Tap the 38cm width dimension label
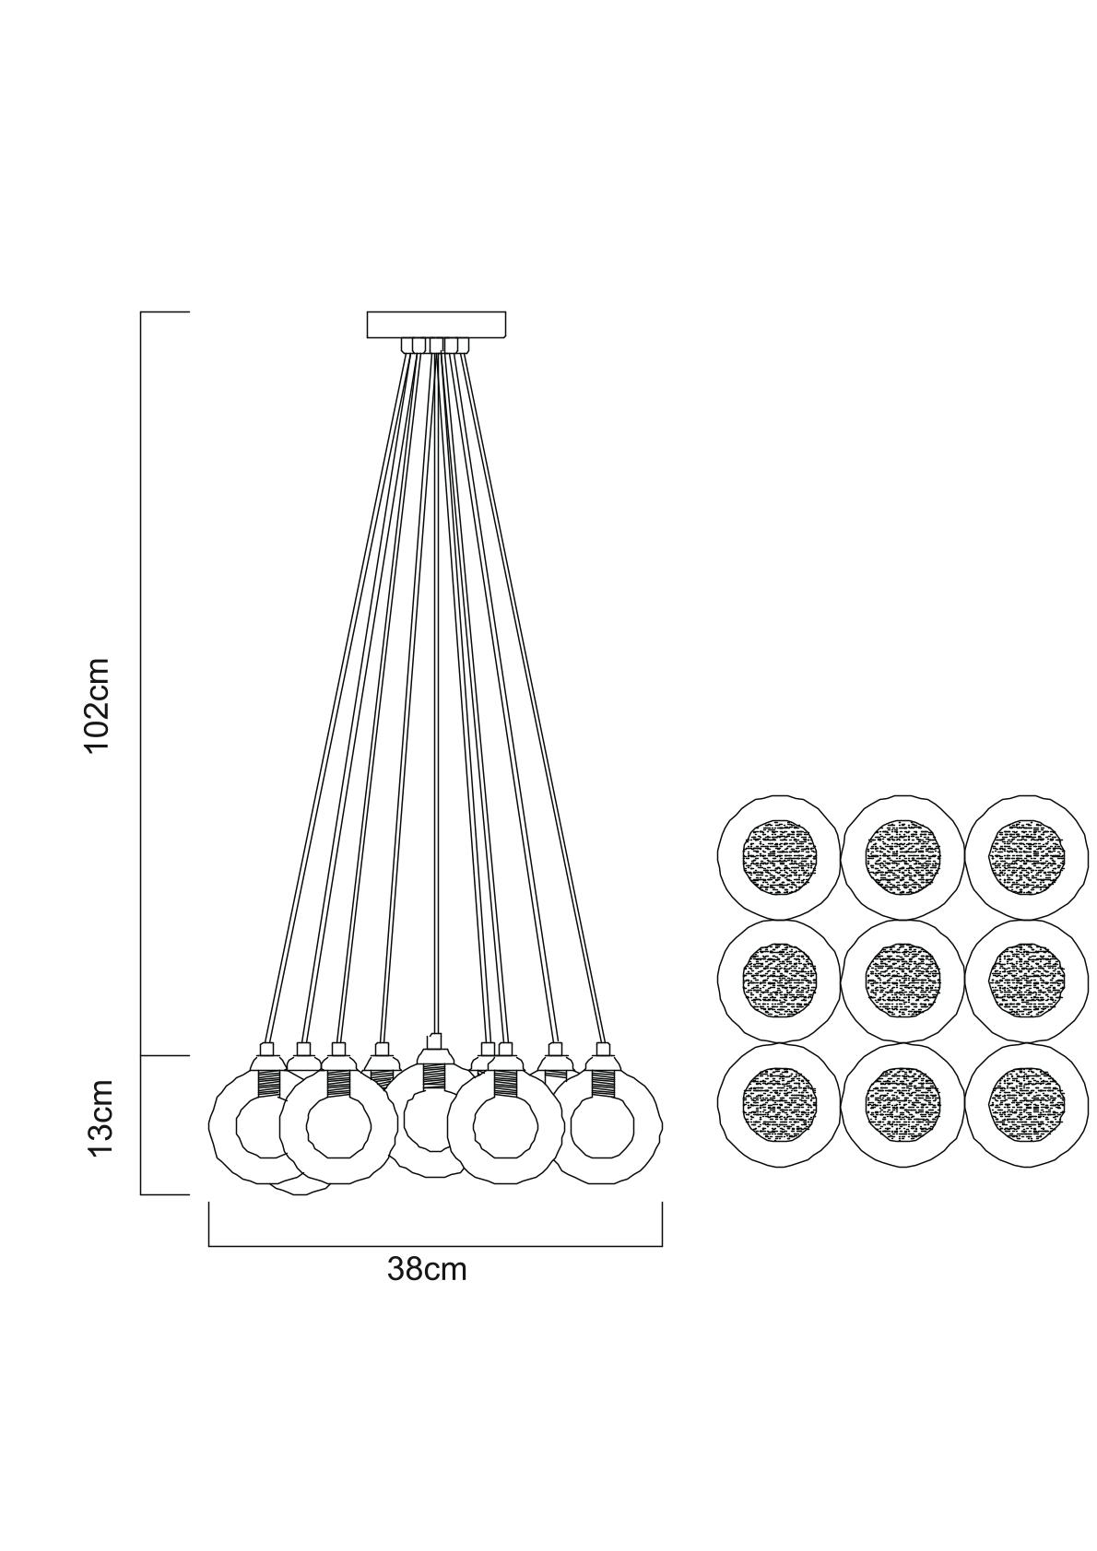point(427,1269)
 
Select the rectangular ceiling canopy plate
point(436,324)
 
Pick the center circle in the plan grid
point(902,981)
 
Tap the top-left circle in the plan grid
point(779,857)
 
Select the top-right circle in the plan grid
point(1026,857)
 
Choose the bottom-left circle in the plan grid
point(779,1106)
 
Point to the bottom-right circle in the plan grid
point(1026,1106)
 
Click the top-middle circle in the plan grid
point(902,857)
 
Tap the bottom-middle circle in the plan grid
point(902,1106)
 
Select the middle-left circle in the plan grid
point(779,981)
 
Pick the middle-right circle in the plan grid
point(1026,981)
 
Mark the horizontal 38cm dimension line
point(435,1246)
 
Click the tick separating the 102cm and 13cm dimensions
point(164,1055)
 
